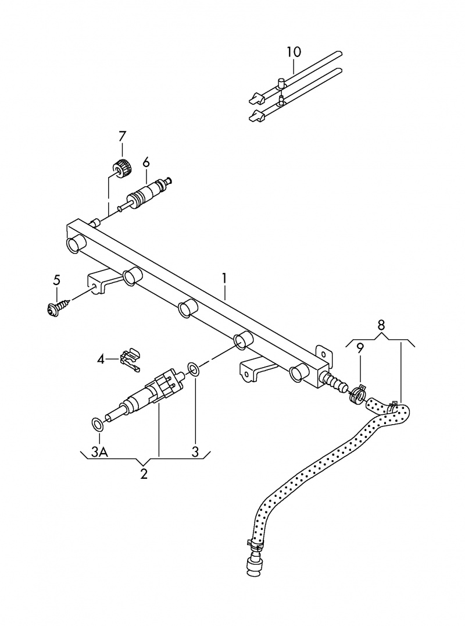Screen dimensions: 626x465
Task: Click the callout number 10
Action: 294,52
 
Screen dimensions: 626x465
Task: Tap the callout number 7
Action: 121,137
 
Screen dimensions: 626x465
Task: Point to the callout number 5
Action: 56,280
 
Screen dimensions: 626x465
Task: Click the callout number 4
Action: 101,360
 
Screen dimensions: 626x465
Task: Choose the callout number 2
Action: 144,474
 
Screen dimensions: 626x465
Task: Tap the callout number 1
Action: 225,279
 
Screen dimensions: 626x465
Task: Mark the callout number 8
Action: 381,324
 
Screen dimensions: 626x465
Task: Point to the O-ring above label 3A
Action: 98,424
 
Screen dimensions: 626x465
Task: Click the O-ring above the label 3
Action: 195,369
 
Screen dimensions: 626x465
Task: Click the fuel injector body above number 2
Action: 151,390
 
